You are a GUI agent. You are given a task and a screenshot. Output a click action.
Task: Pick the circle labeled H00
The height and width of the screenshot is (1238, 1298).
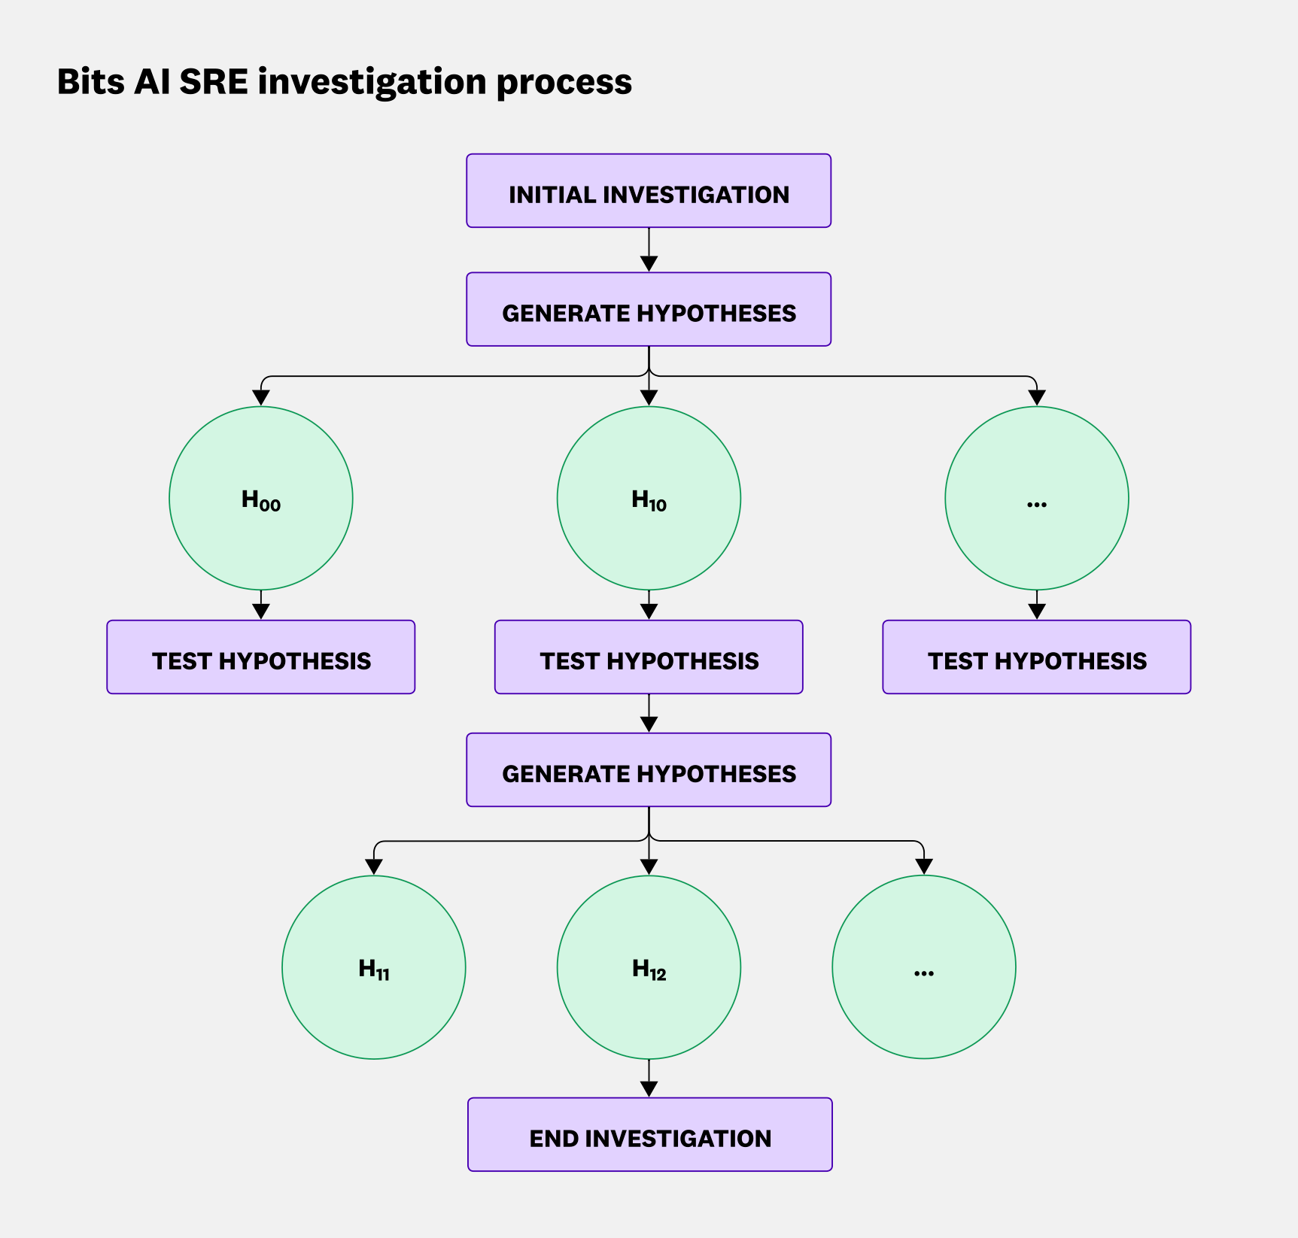click(x=261, y=499)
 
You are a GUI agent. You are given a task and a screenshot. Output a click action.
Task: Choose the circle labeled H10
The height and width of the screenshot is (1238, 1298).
click(x=649, y=499)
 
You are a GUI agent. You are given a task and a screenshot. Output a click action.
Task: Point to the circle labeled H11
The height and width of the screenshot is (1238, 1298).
click(x=374, y=967)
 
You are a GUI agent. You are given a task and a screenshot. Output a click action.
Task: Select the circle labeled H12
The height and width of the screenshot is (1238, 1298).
click(x=649, y=967)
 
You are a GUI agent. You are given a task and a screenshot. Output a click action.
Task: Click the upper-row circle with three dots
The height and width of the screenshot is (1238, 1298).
click(x=1037, y=499)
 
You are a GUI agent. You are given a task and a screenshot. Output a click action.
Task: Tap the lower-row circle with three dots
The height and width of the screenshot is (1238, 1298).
click(x=924, y=967)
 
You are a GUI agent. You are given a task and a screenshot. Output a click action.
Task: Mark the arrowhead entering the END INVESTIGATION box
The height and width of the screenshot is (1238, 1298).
click(x=649, y=1088)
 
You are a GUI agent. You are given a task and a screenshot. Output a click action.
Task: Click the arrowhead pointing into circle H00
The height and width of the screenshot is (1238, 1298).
click(x=261, y=398)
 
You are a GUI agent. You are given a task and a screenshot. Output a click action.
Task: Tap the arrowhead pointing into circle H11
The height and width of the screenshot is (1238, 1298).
click(x=374, y=866)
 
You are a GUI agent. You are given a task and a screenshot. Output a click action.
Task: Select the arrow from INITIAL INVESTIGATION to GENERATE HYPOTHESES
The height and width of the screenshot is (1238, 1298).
click(x=649, y=250)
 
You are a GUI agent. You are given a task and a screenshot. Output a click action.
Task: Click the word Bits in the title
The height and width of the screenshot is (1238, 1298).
click(x=91, y=81)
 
